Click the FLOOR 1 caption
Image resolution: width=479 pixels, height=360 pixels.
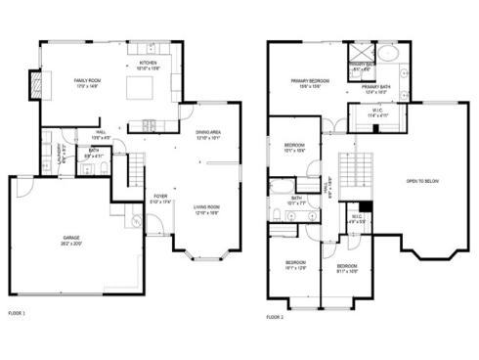[x=17, y=313]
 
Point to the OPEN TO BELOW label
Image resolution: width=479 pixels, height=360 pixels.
[x=422, y=180]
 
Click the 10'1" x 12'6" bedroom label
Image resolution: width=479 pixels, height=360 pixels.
[x=295, y=265]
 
